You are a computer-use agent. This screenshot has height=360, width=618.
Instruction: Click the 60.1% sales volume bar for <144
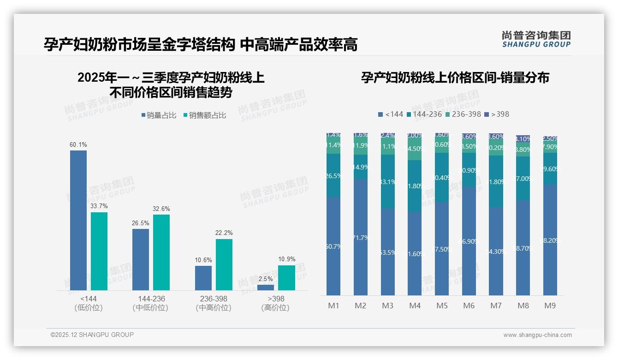[x=78, y=220]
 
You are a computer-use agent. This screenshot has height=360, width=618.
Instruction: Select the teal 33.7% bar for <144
[x=99, y=251]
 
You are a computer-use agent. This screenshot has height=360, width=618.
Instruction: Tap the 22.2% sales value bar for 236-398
[x=224, y=264]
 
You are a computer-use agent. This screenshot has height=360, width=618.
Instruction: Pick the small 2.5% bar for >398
[x=266, y=288]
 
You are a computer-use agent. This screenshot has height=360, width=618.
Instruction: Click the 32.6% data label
[x=161, y=209]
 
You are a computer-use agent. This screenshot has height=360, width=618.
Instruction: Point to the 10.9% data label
[x=286, y=259]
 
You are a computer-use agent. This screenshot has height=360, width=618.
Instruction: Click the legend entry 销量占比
[x=158, y=115]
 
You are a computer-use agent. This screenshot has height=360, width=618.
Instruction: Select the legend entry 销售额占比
[x=204, y=115]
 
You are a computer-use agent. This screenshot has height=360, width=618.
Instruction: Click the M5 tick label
[x=442, y=306]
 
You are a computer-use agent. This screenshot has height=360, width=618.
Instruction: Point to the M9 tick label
[x=550, y=306]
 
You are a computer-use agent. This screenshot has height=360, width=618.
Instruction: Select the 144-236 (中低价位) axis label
[x=150, y=303]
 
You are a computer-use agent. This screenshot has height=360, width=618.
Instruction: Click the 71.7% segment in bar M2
[x=361, y=237]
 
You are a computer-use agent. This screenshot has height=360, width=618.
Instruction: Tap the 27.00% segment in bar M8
[x=523, y=178]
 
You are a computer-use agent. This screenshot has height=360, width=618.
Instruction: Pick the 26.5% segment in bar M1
[x=333, y=175]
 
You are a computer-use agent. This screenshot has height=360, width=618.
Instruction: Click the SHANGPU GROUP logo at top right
[x=536, y=39]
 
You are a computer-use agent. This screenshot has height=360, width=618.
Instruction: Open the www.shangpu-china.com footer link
[x=537, y=335]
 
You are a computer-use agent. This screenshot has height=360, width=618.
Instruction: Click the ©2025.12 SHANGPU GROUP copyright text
[x=92, y=335]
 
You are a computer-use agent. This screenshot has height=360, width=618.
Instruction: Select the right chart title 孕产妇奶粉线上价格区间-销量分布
[x=455, y=78]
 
